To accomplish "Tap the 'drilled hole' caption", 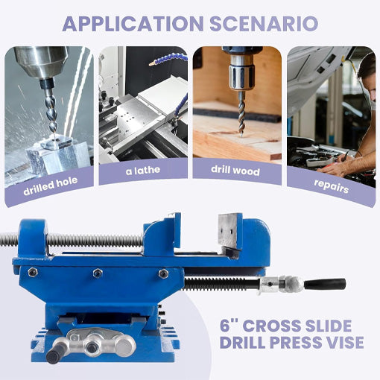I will [x=48, y=181].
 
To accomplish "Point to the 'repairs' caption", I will [x=331, y=188].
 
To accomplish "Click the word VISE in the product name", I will [x=340, y=343].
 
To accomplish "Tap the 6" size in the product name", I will [x=231, y=325].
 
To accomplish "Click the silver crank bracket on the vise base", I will [x=97, y=345].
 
